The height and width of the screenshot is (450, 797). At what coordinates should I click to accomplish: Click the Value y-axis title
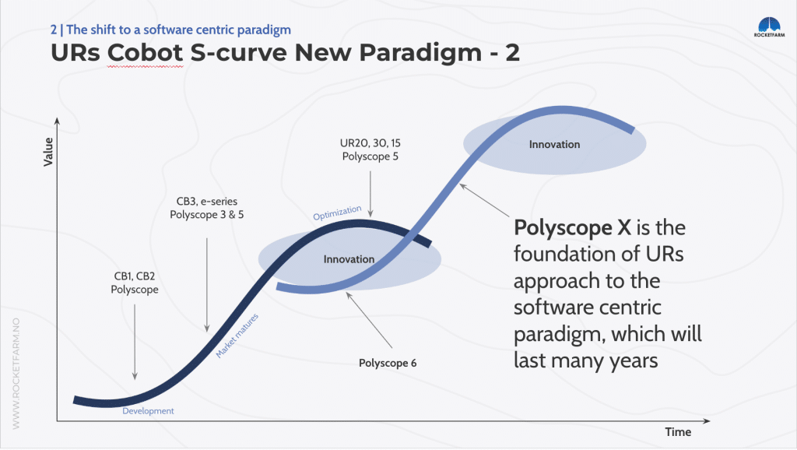tap(48, 152)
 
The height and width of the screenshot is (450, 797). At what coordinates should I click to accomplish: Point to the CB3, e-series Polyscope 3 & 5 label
tap(207, 208)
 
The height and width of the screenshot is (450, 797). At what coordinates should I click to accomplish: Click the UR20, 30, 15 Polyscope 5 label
tap(370, 150)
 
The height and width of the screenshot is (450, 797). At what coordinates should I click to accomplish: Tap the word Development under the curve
tap(148, 411)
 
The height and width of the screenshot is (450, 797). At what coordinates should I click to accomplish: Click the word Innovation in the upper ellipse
tap(554, 144)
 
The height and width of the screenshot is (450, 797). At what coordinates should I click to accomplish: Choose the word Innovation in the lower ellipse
tap(349, 259)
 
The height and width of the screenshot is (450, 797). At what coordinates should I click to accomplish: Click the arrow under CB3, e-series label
tap(207, 283)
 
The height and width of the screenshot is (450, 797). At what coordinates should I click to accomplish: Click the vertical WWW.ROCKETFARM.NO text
tap(16, 373)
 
